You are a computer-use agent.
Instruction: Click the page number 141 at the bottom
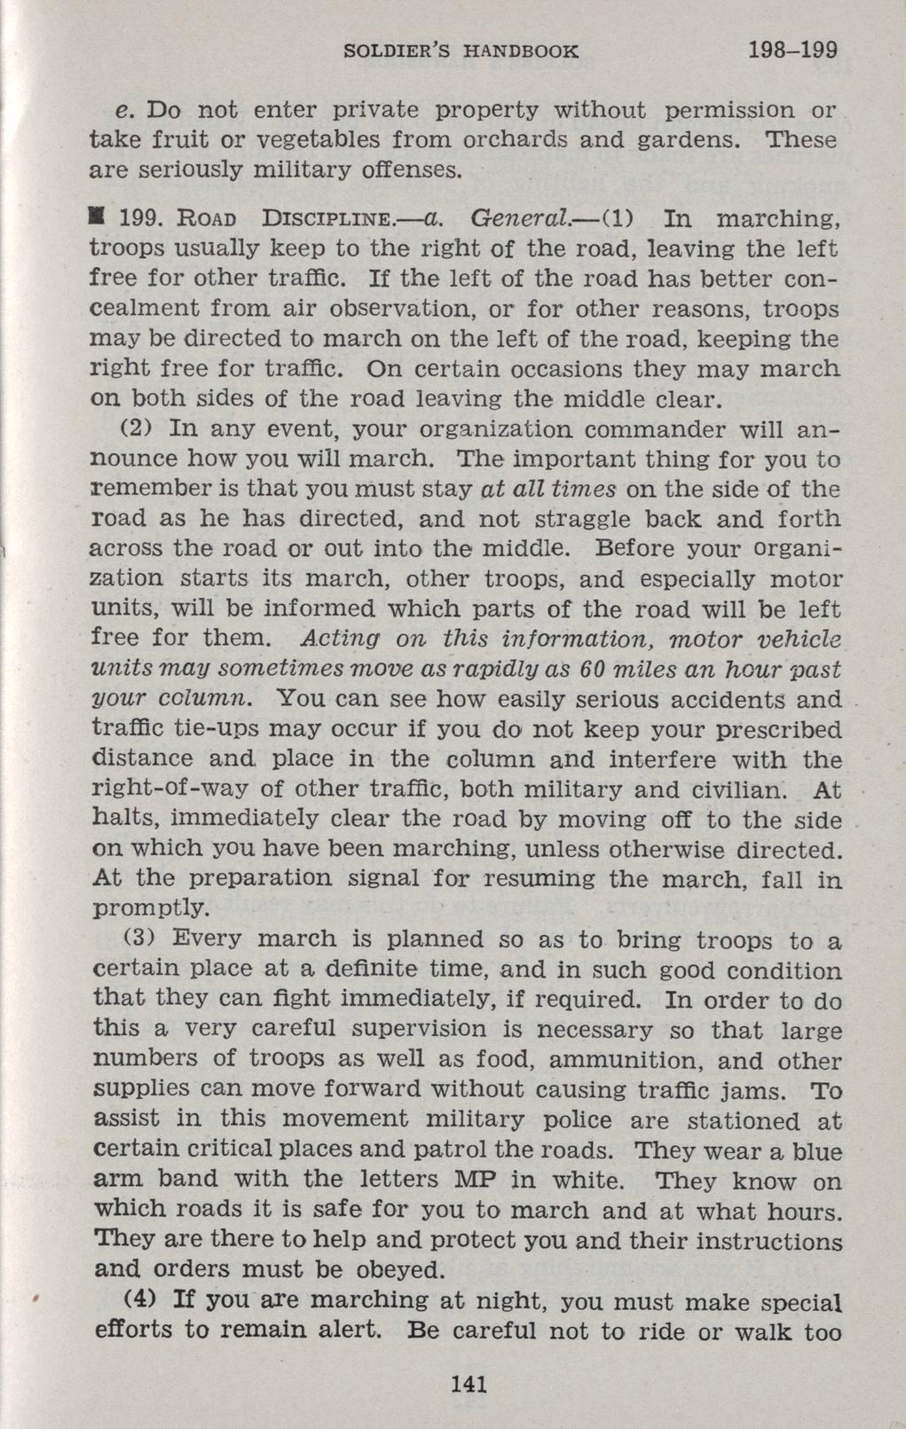point(469,1383)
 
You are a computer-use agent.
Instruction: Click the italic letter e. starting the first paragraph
point(123,112)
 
